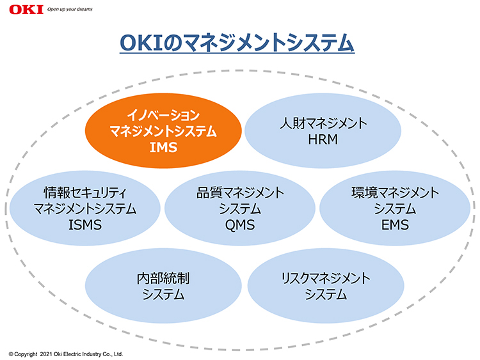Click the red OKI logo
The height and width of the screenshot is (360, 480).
click(26, 10)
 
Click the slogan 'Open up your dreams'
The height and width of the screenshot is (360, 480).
click(70, 10)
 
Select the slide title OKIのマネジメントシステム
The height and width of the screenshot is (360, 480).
click(237, 42)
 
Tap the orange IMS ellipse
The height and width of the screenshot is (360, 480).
click(163, 131)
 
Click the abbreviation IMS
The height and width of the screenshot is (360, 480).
click(163, 148)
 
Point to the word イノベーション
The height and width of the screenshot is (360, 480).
click(163, 115)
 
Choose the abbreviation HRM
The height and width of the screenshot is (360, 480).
click(323, 139)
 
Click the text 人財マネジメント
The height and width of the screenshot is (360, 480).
click(323, 123)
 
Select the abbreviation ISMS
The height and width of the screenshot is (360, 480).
click(85, 225)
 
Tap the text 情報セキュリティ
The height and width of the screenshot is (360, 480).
click(85, 192)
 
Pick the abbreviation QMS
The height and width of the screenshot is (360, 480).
click(240, 225)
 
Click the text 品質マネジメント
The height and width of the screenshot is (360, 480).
click(240, 192)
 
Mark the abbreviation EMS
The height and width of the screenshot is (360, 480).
click(395, 225)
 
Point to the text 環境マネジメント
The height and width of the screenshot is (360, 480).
click(396, 192)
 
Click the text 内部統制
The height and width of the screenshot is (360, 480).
click(163, 278)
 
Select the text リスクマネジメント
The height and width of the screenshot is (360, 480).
click(326, 278)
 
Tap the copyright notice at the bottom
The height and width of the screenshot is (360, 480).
click(66, 354)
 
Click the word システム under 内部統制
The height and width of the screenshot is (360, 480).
click(163, 295)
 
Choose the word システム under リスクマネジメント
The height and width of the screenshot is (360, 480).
click(326, 295)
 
